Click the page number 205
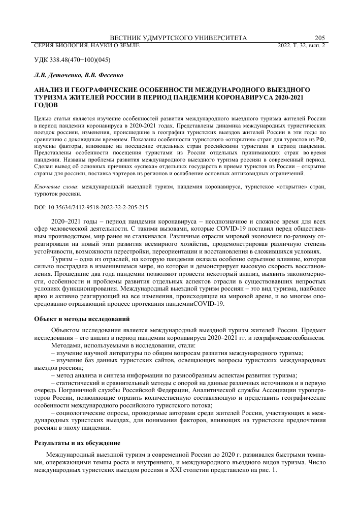320,38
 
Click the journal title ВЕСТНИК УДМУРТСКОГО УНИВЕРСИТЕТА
179,38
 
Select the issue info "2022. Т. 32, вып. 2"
302,46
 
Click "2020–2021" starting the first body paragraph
67,222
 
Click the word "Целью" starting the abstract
42,118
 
